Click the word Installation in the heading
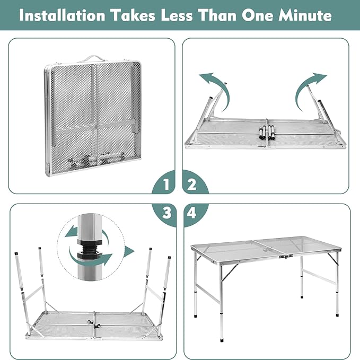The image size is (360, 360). pyautogui.click(x=62, y=15)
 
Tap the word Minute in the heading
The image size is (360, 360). pyautogui.click(x=305, y=15)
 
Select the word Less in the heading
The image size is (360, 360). pyautogui.click(x=177, y=15)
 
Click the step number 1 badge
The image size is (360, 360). pyautogui.click(x=166, y=184)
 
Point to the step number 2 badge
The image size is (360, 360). pyautogui.click(x=192, y=184)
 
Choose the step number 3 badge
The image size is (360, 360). pyautogui.click(x=166, y=213)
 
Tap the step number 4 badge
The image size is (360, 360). pyautogui.click(x=191, y=213)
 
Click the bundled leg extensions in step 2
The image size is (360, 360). pyautogui.click(x=267, y=132)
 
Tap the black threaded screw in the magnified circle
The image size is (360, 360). pyautogui.click(x=89, y=249)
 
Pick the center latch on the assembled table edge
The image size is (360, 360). pyautogui.click(x=285, y=257)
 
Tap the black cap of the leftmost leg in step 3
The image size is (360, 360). pyautogui.click(x=16, y=254)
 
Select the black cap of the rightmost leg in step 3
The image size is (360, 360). pyautogui.click(x=169, y=258)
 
